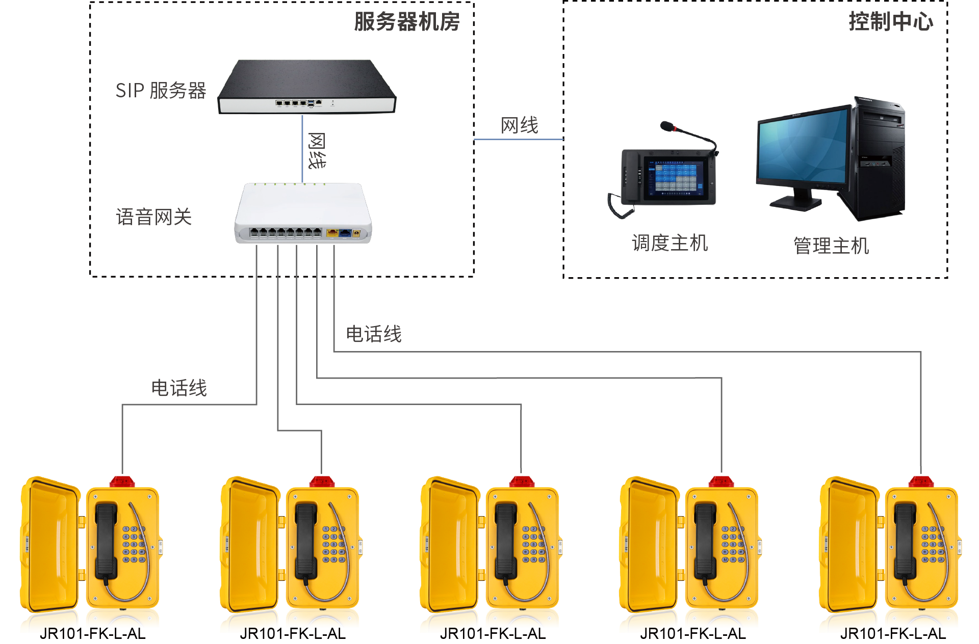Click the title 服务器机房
[407, 22]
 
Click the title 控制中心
[890, 22]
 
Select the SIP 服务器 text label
[161, 91]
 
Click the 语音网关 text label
[153, 217]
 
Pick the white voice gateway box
[303, 213]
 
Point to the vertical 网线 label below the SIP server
[317, 151]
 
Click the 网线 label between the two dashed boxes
[519, 125]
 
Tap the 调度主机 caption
[669, 243]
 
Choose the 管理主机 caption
[831, 246]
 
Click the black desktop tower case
[878, 158]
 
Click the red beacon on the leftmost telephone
[122, 481]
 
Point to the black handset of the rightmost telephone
[906, 540]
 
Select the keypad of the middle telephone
[533, 544]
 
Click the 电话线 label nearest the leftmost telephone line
[179, 388]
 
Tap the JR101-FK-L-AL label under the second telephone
[293, 633]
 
